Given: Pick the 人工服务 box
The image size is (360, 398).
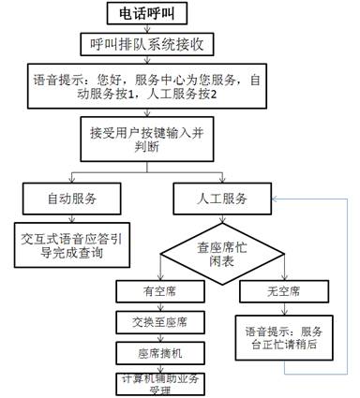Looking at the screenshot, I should pyautogui.click(x=222, y=199).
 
